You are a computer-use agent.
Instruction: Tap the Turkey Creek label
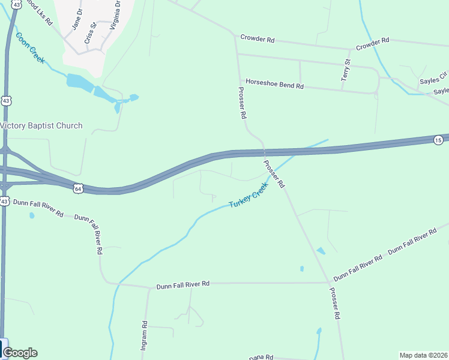(x=247, y=196)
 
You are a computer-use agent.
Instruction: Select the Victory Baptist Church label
(x=41, y=126)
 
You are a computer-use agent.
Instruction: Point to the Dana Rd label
(x=261, y=357)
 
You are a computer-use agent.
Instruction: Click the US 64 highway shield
(x=78, y=188)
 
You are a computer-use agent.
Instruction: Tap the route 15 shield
(x=438, y=140)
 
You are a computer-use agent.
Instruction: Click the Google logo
(x=20, y=353)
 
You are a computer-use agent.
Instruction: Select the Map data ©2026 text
(x=424, y=355)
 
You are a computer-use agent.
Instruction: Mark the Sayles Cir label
(x=433, y=79)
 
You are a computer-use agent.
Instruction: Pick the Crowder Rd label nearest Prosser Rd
(x=257, y=39)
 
